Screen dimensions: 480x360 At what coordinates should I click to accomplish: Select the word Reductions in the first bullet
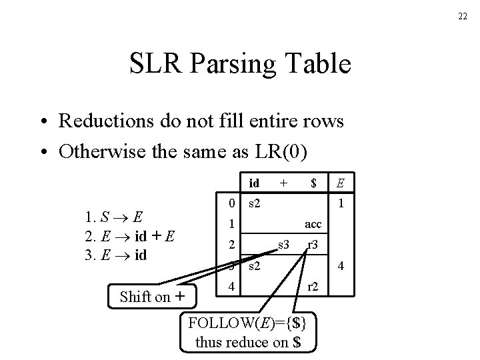click(x=99, y=121)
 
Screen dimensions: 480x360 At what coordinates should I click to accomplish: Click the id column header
click(x=254, y=182)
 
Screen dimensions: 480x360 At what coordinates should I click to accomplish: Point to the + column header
click(x=283, y=181)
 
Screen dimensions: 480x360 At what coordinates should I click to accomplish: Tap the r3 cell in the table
click(x=313, y=246)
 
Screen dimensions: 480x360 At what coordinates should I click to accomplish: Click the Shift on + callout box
click(x=153, y=297)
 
